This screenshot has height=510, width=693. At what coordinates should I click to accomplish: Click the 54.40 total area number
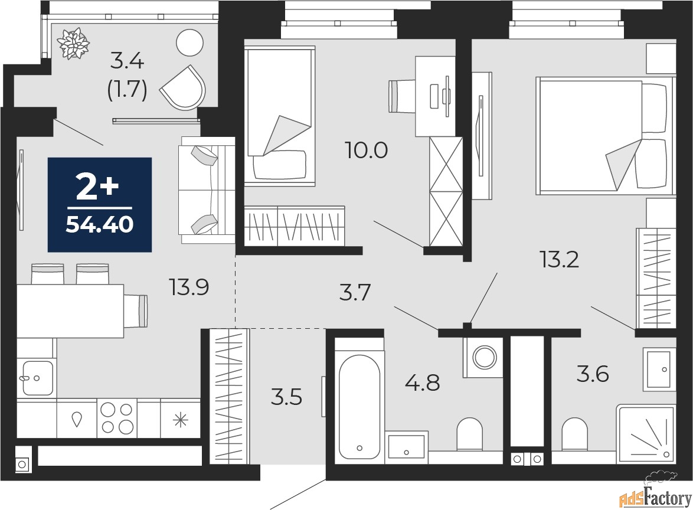pos(99,225)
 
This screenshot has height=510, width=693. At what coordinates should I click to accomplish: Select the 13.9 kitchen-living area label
pos(189,287)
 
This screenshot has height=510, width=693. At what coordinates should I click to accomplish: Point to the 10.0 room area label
pos(367,151)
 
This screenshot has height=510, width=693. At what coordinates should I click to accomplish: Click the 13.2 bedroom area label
pos(559,259)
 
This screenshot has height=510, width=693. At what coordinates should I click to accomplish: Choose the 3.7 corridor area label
pos(355,293)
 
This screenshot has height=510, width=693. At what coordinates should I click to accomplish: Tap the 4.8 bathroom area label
pos(423,382)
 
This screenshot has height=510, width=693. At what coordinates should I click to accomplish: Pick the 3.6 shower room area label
pos(593,374)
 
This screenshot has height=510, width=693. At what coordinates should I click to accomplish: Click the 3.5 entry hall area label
pos(286,397)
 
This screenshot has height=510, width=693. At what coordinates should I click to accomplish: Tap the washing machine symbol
pos(483,357)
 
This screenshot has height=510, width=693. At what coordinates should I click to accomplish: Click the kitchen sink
pos(37,378)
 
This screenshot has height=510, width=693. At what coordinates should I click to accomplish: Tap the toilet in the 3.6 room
pos(575,434)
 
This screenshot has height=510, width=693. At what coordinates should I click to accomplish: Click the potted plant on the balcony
pos(73,43)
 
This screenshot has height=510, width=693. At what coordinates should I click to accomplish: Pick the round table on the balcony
pos(189,43)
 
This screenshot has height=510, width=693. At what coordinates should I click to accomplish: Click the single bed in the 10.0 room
pos(280,116)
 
